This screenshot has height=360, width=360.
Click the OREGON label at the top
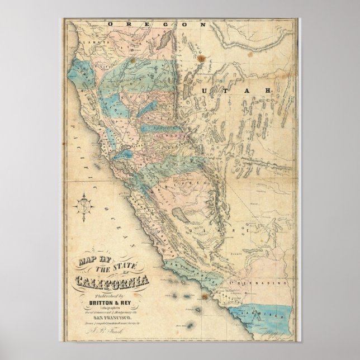(x=158, y=24)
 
